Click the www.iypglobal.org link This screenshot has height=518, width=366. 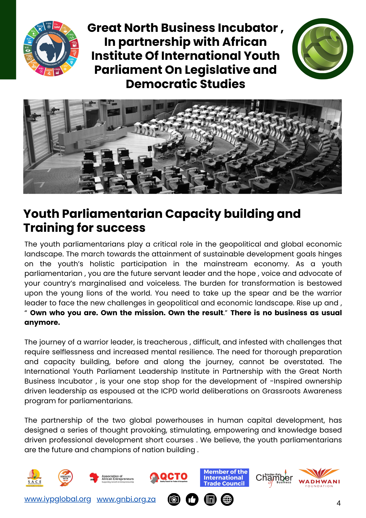pyautogui.click(x=57, y=499)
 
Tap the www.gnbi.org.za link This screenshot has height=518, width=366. pyautogui.click(x=126, y=499)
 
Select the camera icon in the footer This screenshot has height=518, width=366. pyautogui.click(x=174, y=499)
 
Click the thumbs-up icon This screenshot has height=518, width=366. pyautogui.click(x=192, y=499)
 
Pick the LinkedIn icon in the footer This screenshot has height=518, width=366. pyautogui.click(x=210, y=499)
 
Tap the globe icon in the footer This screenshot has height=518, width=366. pyautogui.click(x=227, y=499)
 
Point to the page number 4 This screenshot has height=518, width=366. pyautogui.click(x=338, y=503)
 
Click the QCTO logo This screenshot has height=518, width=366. pyautogui.click(x=169, y=477)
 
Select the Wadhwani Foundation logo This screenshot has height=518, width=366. pyautogui.click(x=319, y=478)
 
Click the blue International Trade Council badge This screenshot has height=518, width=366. pyautogui.click(x=224, y=478)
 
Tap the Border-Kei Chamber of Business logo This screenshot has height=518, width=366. pyautogui.click(x=274, y=478)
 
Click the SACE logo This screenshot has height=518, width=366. pyautogui.click(x=34, y=478)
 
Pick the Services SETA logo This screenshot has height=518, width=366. pyautogui.click(x=65, y=477)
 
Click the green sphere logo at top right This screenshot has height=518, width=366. pyautogui.click(x=323, y=49)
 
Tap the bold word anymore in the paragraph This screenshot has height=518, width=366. pyautogui.click(x=42, y=322)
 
